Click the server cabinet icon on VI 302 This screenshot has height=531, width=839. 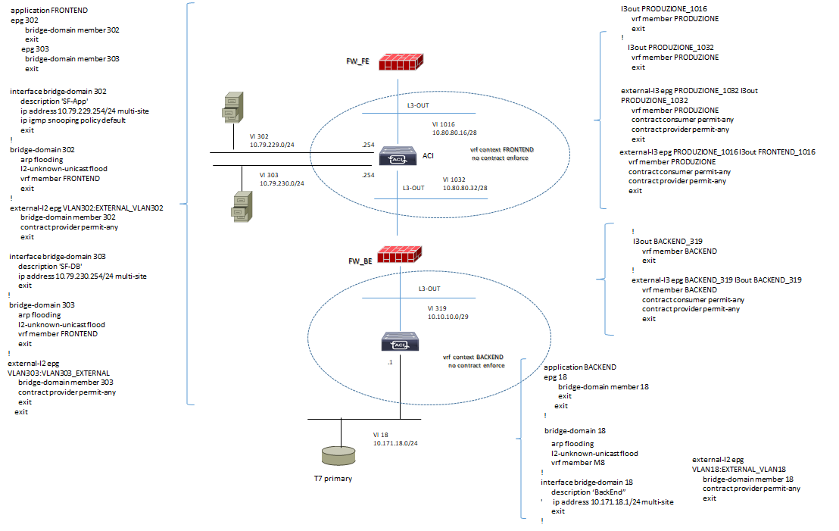tap(232, 107)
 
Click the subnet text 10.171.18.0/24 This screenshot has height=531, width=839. tap(395, 443)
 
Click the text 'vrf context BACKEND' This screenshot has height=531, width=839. tap(473, 357)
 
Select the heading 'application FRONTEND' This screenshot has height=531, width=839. tap(49, 11)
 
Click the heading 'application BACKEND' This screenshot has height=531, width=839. tap(580, 367)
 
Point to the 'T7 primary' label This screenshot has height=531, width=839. tap(333, 479)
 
